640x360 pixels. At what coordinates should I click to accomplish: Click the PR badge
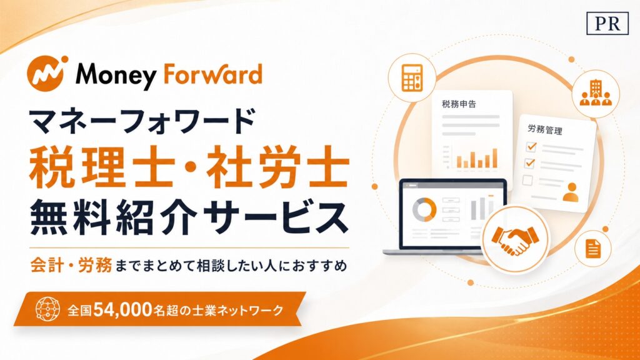(x=607, y=23)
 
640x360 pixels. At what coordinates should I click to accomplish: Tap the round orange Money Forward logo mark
(x=46, y=73)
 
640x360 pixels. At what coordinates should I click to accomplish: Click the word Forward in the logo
(x=212, y=74)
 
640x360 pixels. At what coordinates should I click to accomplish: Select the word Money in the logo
(x=116, y=76)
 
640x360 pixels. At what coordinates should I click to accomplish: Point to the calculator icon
(x=412, y=77)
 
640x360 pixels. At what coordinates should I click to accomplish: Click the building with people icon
(x=596, y=94)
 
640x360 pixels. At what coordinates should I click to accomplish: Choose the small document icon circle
(x=592, y=248)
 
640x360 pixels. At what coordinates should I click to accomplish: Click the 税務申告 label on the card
(x=459, y=104)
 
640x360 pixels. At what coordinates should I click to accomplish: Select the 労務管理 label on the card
(x=545, y=130)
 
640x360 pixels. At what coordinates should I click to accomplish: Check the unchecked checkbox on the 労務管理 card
(x=527, y=179)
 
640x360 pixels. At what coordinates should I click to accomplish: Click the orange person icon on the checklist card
(x=571, y=192)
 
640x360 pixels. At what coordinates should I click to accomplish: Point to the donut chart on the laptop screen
(x=424, y=210)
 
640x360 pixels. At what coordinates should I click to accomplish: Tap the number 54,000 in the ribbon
(x=122, y=310)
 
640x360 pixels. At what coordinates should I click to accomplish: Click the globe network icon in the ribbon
(x=47, y=309)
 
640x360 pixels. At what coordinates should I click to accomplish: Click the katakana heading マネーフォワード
(x=142, y=121)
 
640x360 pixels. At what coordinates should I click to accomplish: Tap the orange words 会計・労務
(x=71, y=265)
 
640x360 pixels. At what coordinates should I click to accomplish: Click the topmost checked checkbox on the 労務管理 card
(x=531, y=146)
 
